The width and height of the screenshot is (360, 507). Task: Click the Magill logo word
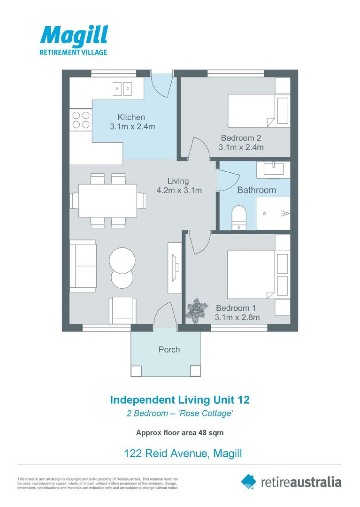pyautogui.click(x=74, y=35)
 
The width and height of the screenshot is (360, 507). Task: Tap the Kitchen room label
pyautogui.click(x=131, y=117)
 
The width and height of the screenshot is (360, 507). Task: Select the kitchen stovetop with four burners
pyautogui.click(x=81, y=120)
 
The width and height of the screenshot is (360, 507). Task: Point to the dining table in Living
pyautogui.click(x=107, y=201)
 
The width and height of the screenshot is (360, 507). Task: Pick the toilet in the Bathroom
pyautogui.click(x=239, y=217)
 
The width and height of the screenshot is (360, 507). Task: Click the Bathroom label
pyautogui.click(x=257, y=190)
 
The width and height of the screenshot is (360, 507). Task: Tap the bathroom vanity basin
pyautogui.click(x=273, y=170)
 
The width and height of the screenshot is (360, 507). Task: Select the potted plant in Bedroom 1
pyautogui.click(x=197, y=310)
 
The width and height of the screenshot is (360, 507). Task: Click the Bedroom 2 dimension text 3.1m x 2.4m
pyautogui.click(x=241, y=147)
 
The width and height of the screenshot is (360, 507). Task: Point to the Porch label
pyautogui.click(x=169, y=350)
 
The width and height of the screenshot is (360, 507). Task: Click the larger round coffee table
pyautogui.click(x=122, y=261)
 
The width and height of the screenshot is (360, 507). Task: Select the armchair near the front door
pyautogui.click(x=123, y=310)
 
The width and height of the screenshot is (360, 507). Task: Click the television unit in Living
pyautogui.click(x=175, y=268)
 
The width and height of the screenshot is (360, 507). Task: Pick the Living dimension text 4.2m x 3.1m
pyautogui.click(x=179, y=191)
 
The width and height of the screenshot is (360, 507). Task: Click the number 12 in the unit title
pyautogui.click(x=243, y=399)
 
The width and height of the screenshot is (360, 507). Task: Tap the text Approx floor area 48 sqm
pyautogui.click(x=180, y=433)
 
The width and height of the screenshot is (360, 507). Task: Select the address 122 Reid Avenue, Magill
pyautogui.click(x=183, y=453)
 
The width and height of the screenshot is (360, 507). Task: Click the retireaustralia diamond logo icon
pyautogui.click(x=248, y=482)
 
